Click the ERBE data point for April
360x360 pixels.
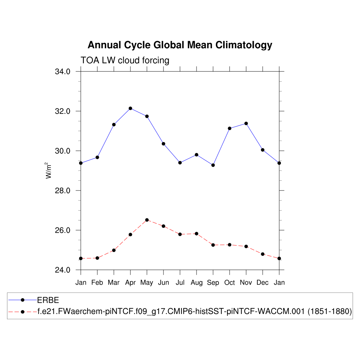coord(130,108)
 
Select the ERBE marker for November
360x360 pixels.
coord(246,123)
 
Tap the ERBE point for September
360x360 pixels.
coord(213,165)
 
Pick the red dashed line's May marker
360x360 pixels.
coord(147,220)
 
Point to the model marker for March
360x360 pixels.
coord(114,250)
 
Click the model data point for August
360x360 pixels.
coord(197,233)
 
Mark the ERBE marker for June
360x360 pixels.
coord(163,143)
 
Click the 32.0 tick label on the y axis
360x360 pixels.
coord(63,111)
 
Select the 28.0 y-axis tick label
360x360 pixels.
coord(63,191)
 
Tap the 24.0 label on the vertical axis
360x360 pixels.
coord(63,270)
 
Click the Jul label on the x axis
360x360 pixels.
coord(180,283)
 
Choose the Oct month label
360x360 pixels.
coord(230,283)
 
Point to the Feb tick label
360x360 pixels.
coord(97,283)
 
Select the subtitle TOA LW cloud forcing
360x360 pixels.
coord(125,60)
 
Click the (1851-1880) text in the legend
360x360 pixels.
coord(330,311)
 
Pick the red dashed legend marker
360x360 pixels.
coord(22,311)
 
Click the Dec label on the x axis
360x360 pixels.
coord(263,283)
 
